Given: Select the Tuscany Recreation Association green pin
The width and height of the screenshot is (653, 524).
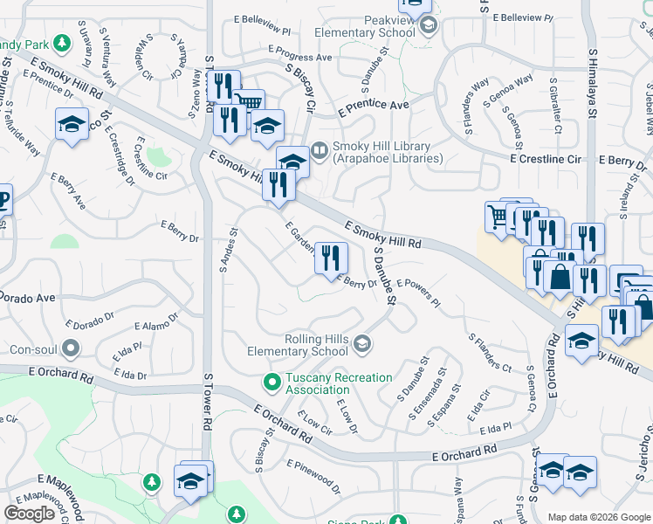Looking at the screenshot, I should coord(272,383).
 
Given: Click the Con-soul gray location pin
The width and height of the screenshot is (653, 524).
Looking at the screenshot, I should coord(71,349).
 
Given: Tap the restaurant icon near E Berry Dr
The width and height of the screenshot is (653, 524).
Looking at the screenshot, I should coord(331,258).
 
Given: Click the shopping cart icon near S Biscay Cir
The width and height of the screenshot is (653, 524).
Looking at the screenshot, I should coord(249,103).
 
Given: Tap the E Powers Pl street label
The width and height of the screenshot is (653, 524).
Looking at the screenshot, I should coord(419,293).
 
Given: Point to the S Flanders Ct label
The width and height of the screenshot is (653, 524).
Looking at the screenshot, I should coord(490,352).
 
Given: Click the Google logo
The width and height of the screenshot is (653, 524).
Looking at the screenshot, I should coord(29,514).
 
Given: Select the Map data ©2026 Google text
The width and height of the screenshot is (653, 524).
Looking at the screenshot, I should coord(598,516).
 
